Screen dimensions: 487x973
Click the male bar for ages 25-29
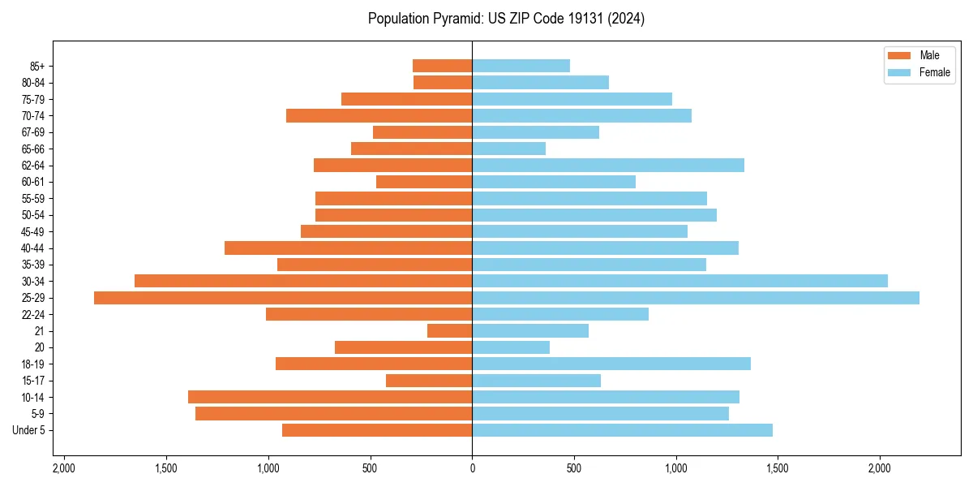(283, 298)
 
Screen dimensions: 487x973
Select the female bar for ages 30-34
(679, 281)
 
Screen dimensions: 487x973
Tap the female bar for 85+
(521, 66)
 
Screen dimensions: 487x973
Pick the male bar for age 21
(450, 331)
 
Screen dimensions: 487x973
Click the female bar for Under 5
(622, 430)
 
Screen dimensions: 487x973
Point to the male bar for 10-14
(330, 397)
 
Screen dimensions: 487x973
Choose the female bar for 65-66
(508, 149)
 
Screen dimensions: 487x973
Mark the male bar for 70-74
(379, 115)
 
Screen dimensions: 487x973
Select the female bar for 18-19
(611, 364)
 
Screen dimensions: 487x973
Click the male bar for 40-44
(349, 248)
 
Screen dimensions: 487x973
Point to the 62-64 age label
(33, 166)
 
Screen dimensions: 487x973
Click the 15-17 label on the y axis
(33, 381)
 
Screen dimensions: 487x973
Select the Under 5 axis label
(29, 430)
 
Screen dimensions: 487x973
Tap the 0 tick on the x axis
(472, 468)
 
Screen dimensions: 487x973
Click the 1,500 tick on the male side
(166, 468)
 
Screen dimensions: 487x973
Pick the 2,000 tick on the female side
(880, 468)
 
